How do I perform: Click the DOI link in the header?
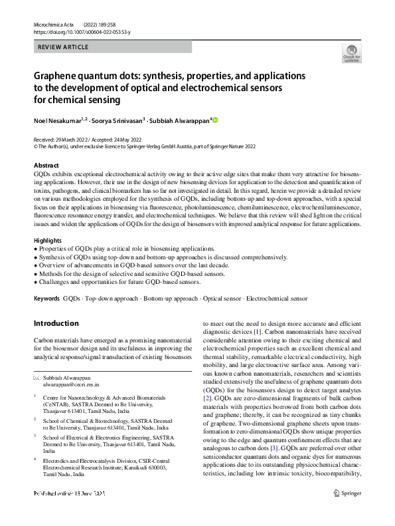tap(82, 32)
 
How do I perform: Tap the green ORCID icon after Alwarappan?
tap(214, 120)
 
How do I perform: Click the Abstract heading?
tap(46, 165)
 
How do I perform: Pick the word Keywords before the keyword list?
tap(46, 299)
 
